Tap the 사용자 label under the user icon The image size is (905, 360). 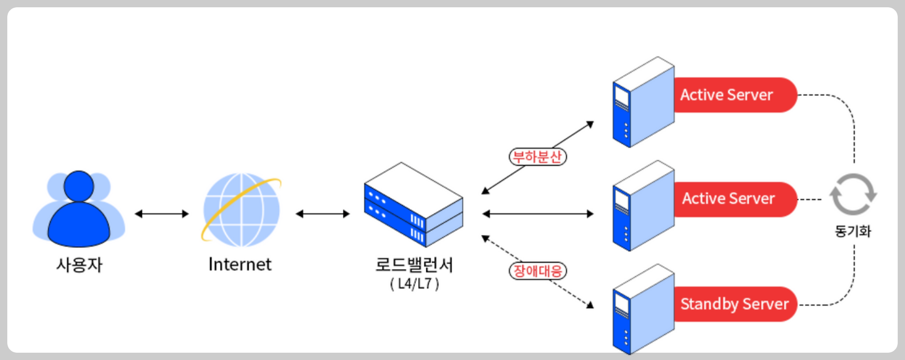pos(79,265)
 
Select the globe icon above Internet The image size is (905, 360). pos(241,210)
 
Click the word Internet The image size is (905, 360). pos(240,265)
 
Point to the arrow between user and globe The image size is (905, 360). pos(162,214)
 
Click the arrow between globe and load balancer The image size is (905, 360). pos(323,214)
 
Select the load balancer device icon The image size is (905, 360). pos(414,205)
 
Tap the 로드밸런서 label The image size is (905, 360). pos(414,265)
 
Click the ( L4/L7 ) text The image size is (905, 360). pos(415,284)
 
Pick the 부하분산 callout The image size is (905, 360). pos(538,157)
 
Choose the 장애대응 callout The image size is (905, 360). pos(538,271)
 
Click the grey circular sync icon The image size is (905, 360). pos(853,194)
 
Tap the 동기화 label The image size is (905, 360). pos(853,231)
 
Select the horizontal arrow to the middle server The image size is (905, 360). pos(538,214)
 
